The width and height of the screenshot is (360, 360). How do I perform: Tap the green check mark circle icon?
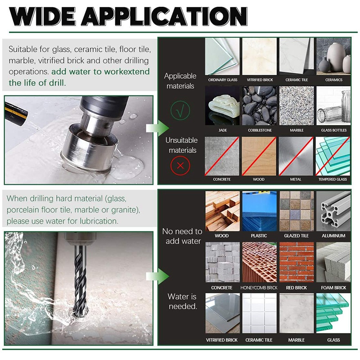point(180,110)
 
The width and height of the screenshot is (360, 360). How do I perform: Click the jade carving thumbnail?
point(222,106)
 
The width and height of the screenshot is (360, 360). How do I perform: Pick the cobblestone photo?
point(260,106)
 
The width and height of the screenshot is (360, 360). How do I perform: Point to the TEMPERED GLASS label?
point(333,179)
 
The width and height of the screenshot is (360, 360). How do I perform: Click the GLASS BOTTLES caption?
point(333,130)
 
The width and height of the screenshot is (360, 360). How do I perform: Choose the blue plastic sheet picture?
point(259,211)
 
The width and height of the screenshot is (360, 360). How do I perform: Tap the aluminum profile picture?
point(333,211)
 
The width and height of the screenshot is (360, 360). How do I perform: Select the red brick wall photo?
point(296,262)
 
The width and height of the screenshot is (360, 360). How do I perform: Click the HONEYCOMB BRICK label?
point(259,288)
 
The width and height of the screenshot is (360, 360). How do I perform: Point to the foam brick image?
point(333,262)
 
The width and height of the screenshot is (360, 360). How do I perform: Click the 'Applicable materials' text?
point(180,81)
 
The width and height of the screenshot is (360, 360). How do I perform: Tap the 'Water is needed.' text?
point(182,301)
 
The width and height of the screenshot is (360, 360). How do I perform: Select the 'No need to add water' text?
point(182,236)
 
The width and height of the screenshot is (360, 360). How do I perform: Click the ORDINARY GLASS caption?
point(222,80)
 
